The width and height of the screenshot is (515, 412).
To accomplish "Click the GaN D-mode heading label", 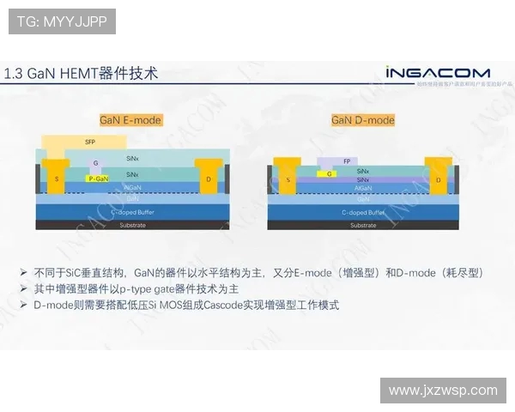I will click(363, 120).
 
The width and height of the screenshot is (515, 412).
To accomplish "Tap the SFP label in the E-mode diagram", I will click(90, 141).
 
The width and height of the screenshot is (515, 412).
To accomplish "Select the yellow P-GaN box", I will click(98, 179).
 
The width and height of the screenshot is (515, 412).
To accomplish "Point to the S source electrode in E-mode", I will click(57, 178).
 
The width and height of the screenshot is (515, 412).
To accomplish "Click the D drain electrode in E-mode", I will click(209, 178).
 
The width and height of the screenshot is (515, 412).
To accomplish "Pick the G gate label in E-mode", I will click(95, 163).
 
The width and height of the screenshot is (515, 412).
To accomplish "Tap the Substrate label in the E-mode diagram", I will click(132, 225).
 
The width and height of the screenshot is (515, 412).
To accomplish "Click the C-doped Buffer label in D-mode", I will click(362, 212).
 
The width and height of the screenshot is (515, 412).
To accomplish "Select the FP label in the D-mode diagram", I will click(347, 161).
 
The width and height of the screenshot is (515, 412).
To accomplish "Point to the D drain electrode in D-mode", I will click(438, 179).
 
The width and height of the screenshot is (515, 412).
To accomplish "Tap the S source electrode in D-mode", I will click(288, 179).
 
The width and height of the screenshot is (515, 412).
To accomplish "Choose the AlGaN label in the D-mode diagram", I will click(362, 187).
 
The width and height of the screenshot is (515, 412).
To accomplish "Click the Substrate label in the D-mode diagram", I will click(362, 225).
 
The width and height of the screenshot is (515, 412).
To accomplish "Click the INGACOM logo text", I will click(437, 72).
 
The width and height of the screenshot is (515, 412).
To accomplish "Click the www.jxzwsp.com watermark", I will click(443, 390).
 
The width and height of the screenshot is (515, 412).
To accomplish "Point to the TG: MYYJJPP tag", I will click(62, 21).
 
